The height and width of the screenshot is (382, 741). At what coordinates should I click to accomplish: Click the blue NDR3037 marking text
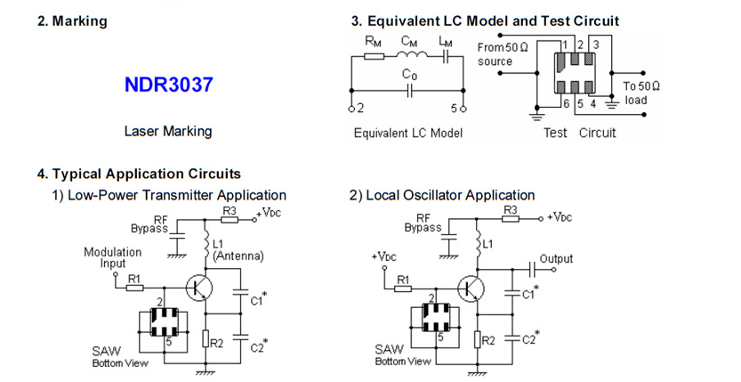[169, 86]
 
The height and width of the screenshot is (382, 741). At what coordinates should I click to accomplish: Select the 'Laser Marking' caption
[167, 131]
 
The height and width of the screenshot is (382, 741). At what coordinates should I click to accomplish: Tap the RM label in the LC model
[375, 40]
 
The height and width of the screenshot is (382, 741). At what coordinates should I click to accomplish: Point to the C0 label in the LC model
[410, 76]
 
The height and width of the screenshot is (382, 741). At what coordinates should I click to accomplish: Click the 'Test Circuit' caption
[579, 134]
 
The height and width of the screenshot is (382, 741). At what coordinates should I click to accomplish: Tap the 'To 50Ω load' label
[640, 93]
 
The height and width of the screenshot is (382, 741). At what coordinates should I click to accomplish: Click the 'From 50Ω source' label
[503, 54]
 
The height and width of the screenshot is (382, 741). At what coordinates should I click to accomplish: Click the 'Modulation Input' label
[112, 257]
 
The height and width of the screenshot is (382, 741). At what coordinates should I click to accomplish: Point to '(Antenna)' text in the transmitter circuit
[238, 256]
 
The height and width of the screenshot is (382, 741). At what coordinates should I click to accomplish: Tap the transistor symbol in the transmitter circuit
[199, 287]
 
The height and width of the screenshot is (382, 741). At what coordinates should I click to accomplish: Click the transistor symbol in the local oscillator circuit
[470, 288]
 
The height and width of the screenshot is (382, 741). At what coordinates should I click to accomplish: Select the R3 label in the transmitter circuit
[230, 210]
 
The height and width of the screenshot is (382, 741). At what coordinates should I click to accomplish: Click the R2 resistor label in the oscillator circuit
[488, 339]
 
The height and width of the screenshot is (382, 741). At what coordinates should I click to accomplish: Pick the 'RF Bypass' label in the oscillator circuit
[423, 223]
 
